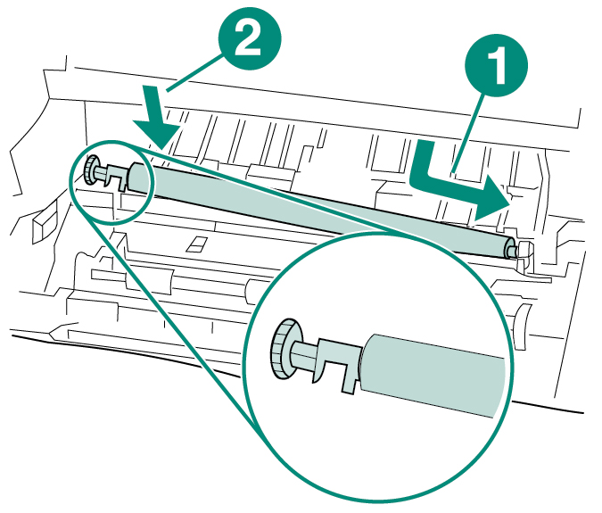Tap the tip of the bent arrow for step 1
tap(507, 203)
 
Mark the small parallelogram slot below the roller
tap(196, 244)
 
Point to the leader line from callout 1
tap(468, 125)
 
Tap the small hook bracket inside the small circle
tap(111, 178)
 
